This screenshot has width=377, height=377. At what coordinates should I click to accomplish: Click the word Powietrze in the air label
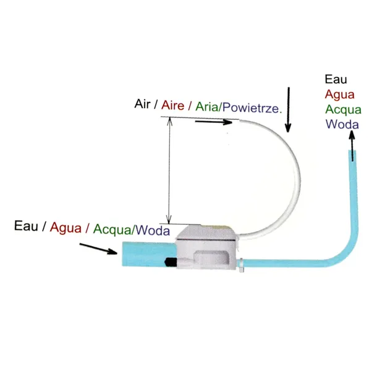click(x=252, y=107)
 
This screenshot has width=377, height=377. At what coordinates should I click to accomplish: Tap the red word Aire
click(x=173, y=105)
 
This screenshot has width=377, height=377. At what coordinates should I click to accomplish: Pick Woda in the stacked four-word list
click(x=341, y=124)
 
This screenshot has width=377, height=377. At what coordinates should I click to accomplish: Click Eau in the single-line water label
click(x=27, y=226)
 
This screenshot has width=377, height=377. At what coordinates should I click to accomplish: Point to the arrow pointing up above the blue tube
click(x=352, y=146)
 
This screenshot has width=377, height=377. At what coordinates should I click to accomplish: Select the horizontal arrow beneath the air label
click(x=213, y=122)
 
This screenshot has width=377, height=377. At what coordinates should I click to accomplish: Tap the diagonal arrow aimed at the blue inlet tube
click(x=99, y=248)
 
